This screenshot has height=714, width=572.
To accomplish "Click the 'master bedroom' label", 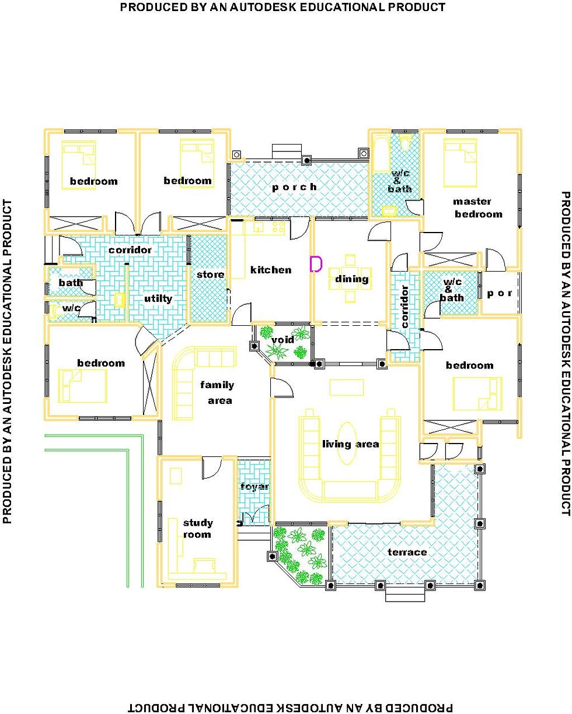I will pos(477,207).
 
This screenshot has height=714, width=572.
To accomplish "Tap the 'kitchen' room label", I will pos(270,270).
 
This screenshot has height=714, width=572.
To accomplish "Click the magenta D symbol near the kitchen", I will pos(315,264).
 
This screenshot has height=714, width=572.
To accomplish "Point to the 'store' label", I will pos(210,274).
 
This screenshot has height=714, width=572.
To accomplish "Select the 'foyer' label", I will pos(254,486).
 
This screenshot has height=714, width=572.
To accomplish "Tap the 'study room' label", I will pos(198,528).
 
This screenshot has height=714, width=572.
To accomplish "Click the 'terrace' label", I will pos(407,551).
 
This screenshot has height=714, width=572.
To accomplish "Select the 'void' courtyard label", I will pos(283,340).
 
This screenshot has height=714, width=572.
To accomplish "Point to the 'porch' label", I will pos(294,187).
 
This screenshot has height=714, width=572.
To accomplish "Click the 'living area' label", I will pos(350,444).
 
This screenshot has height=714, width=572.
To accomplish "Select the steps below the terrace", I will pos(404,594).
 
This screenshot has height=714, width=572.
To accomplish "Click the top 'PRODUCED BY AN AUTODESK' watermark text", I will pos(282,8).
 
